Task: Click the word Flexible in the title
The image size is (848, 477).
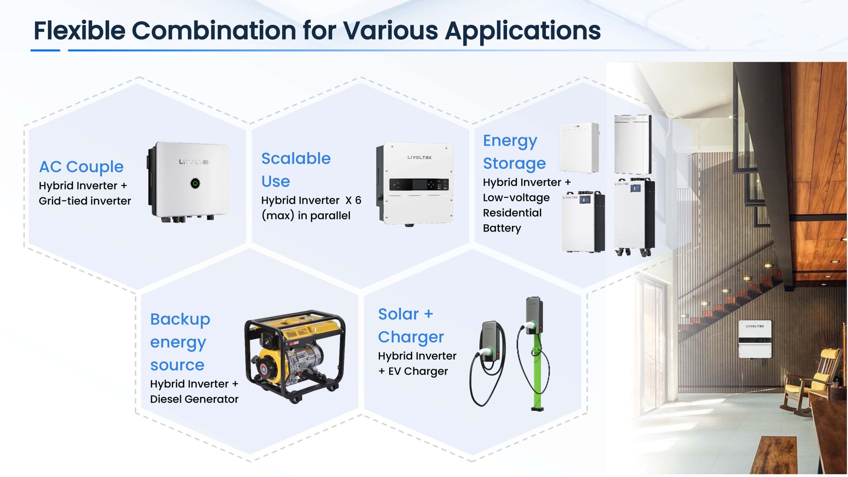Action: pyautogui.click(x=79, y=30)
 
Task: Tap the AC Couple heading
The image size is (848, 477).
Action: pyautogui.click(x=81, y=167)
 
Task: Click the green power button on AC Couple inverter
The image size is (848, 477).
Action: pyautogui.click(x=195, y=183)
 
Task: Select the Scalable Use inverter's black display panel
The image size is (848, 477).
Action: pyautogui.click(x=419, y=185)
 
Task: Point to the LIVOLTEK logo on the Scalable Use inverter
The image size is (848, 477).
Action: pyautogui.click(x=419, y=157)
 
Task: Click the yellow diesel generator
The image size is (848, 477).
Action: pyautogui.click(x=295, y=356)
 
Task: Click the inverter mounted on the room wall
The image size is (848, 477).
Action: pyautogui.click(x=755, y=339)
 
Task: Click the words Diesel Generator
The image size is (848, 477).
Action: pyautogui.click(x=194, y=399)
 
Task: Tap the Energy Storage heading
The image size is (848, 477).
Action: pyautogui.click(x=514, y=152)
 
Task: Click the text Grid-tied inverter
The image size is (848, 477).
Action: pyautogui.click(x=85, y=201)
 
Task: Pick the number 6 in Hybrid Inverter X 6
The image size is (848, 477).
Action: pyautogui.click(x=358, y=200)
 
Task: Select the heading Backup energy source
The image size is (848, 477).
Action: pyautogui.click(x=180, y=342)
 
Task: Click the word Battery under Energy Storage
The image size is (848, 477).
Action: pyautogui.click(x=502, y=228)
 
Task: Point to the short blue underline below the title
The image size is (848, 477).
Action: pyautogui.click(x=45, y=50)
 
